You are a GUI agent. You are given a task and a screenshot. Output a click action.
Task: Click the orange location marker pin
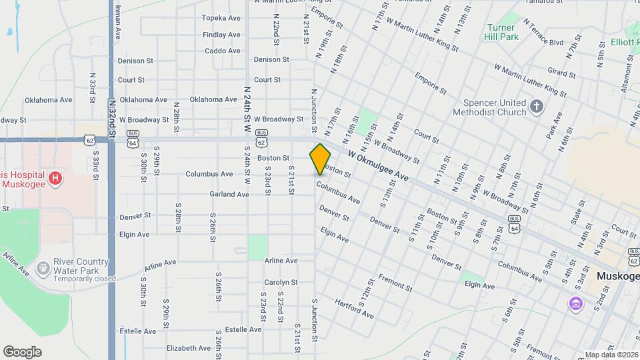[x=320, y=159]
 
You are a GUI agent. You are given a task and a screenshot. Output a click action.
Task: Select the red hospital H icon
[x=55, y=179]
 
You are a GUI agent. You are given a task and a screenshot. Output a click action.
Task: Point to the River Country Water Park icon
[x=43, y=268]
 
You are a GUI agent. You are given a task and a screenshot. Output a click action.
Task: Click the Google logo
[x=22, y=351]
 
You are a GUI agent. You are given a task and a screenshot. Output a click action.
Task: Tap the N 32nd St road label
[x=111, y=119]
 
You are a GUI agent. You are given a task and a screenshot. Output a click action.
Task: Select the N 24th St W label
[x=247, y=104]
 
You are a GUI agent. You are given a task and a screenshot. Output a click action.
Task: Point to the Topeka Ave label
[x=221, y=18]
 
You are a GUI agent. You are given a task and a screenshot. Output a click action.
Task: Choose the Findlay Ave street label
[x=221, y=35]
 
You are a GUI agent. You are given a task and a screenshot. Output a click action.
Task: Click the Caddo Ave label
[x=223, y=51]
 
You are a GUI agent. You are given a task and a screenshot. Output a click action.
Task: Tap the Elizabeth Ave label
[x=189, y=348]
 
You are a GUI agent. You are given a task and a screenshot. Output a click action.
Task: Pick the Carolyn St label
[x=280, y=283]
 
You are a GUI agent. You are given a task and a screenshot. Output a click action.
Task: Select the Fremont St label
[x=395, y=282]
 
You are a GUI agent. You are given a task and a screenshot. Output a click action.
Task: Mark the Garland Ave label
[x=229, y=194]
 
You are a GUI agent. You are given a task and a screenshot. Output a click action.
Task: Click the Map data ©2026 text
[x=610, y=355]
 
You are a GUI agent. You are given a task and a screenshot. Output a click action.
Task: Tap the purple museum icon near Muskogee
[x=575, y=304]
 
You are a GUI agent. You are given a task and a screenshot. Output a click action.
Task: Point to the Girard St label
[x=561, y=71]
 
